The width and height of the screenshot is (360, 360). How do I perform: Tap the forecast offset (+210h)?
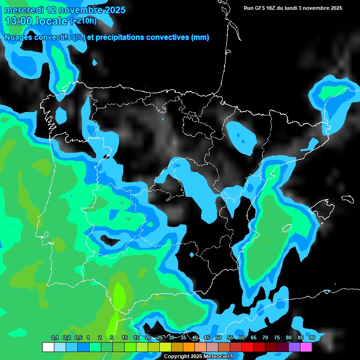[x=83, y=21]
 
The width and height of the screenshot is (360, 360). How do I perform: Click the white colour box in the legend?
[x=48, y=347]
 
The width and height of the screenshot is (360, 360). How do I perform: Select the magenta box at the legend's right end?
[x=306, y=347]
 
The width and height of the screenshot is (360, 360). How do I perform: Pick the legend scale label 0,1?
[x=54, y=338]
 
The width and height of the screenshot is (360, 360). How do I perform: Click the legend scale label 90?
[x=312, y=338]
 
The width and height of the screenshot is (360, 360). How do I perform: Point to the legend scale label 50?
[x=218, y=338]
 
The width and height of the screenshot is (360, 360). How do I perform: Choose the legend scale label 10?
[x=125, y=338]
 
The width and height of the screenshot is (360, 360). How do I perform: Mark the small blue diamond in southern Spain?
[x=191, y=255]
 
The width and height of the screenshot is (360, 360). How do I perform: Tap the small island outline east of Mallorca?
[x=347, y=199]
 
